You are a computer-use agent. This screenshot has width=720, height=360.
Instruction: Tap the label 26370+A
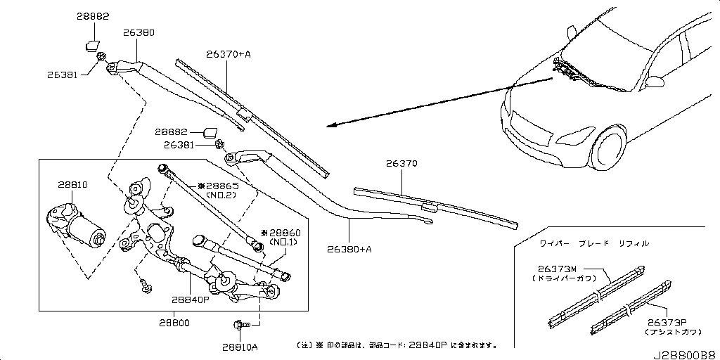click(229, 53)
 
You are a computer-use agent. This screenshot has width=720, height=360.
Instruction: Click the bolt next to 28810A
click(239, 325)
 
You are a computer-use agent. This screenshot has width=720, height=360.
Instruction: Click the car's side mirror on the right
click(656, 82)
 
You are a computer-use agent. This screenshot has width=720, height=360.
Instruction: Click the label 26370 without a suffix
click(401, 164)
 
